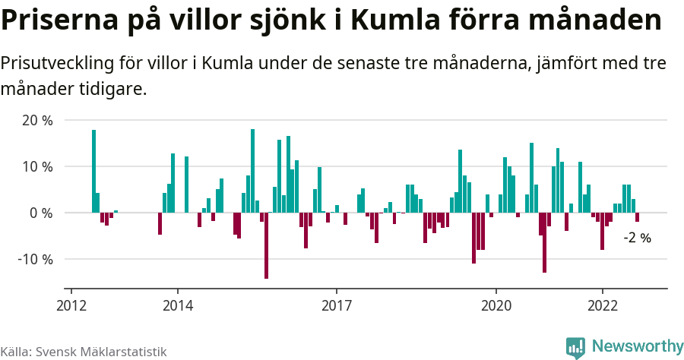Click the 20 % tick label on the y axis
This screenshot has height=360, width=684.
pos(37,120)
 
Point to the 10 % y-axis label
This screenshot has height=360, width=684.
pos(37,166)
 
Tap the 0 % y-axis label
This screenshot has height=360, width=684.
pos(41,213)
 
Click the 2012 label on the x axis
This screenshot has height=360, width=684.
pos(71,305)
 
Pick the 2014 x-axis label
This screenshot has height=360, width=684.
pos(177,305)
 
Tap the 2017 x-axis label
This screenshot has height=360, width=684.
pos(337,305)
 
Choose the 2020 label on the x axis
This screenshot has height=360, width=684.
pos(496,305)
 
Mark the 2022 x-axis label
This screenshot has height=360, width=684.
pos(603,305)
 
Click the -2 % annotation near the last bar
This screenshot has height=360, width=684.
pos(637,238)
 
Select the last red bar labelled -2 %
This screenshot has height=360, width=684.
pos(638,217)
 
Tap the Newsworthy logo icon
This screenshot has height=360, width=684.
pos(575,347)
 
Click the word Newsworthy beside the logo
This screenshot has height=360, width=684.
pos(637,346)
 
